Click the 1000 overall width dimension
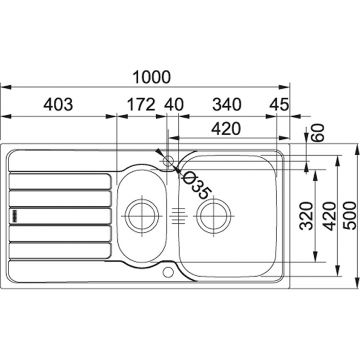pyautogui.click(x=152, y=77)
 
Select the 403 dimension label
pyautogui.click(x=58, y=104)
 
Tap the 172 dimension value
pyautogui.click(x=141, y=104)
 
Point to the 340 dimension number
pyautogui.click(x=227, y=104)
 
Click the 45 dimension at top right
pyautogui.click(x=279, y=104)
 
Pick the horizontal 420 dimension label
pyautogui.click(x=226, y=129)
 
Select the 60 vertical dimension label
pyautogui.click(x=318, y=133)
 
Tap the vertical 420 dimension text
pyautogui.click(x=329, y=216)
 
